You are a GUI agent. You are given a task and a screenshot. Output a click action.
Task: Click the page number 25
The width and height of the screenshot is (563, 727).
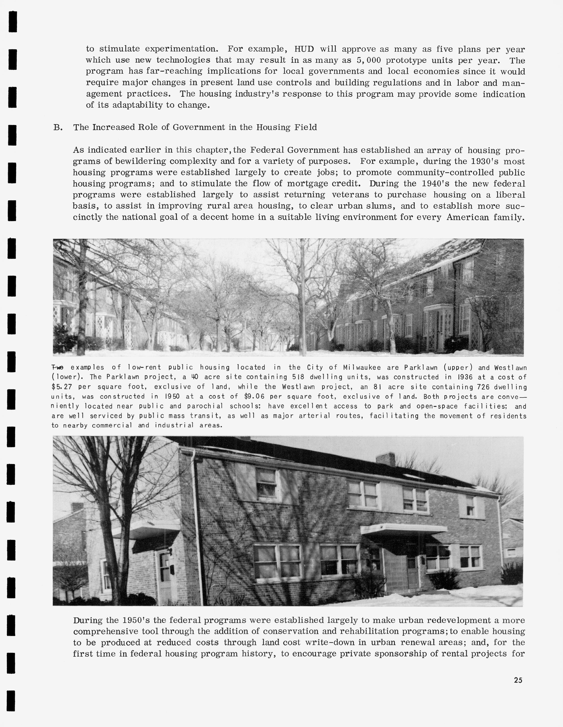click(518, 680)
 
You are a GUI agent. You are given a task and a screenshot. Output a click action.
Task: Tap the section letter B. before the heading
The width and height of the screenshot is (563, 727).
click(58, 127)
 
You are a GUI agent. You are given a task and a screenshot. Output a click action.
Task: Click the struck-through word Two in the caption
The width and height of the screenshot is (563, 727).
click(58, 367)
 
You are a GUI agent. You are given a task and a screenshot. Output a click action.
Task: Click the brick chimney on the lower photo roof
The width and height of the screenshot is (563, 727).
click(385, 459)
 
